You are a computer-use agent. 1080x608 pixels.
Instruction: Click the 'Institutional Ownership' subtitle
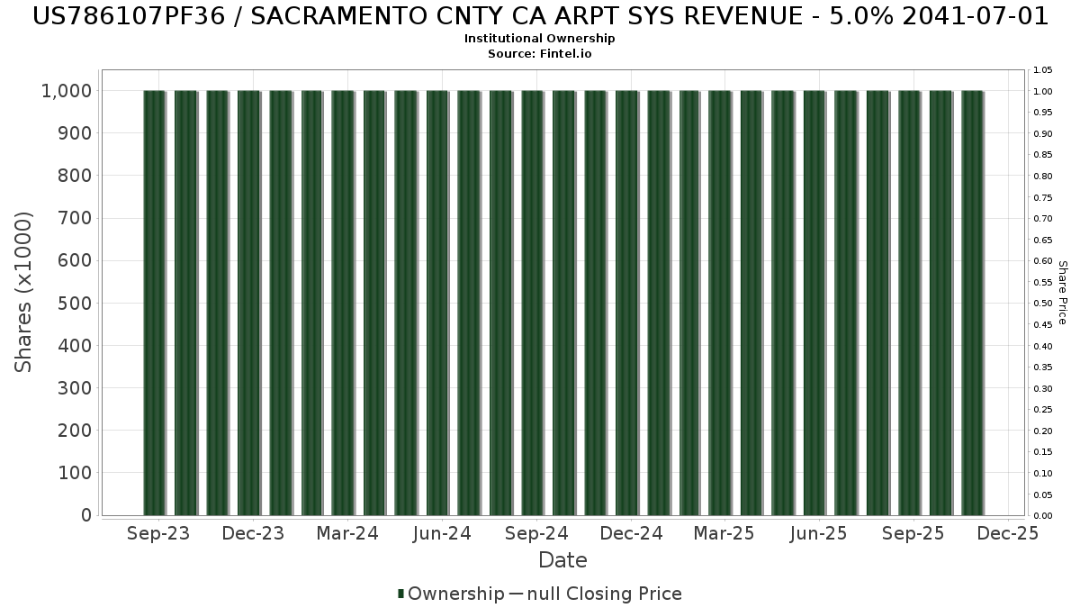pyautogui.click(x=540, y=39)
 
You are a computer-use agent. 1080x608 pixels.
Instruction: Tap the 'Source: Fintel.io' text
pyautogui.click(x=540, y=53)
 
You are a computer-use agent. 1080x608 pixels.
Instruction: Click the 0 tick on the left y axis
pyautogui.click(x=86, y=515)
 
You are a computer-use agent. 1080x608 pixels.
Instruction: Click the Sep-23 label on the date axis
pyautogui.click(x=159, y=533)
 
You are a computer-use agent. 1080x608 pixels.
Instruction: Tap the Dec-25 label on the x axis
pyautogui.click(x=1008, y=533)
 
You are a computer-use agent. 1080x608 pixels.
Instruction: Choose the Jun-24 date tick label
pyautogui.click(x=442, y=533)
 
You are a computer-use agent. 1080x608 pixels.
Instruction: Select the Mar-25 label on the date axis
pyautogui.click(x=724, y=533)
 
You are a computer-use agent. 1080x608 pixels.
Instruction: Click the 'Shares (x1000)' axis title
pyautogui.click(x=24, y=292)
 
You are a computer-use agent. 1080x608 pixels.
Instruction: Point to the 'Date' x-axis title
pyautogui.click(x=562, y=560)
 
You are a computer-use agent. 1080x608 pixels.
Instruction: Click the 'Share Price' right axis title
pyautogui.click(x=1062, y=292)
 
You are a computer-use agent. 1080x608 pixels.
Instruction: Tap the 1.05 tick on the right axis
pyautogui.click(x=1043, y=70)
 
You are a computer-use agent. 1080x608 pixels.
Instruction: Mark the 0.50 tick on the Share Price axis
pyautogui.click(x=1043, y=304)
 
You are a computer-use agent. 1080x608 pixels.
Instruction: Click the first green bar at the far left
pyautogui.click(x=154, y=303)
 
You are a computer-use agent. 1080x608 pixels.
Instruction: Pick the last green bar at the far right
pyautogui.click(x=972, y=303)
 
